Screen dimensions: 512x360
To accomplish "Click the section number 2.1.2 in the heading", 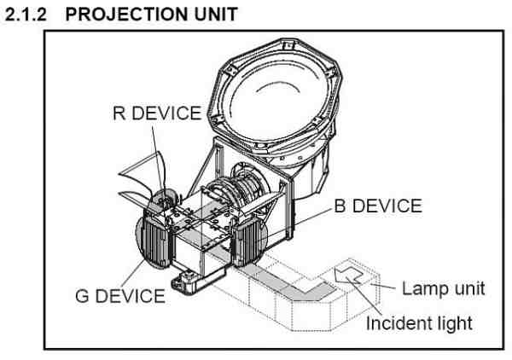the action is coord(26,15).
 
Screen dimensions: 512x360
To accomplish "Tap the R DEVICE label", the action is coord(157,113).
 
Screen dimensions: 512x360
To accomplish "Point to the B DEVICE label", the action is coord(378,206).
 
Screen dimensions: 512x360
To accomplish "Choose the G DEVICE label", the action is coord(120,296).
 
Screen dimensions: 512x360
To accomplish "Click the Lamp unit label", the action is coord(443,289).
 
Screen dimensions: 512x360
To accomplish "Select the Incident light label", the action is coord(419,323).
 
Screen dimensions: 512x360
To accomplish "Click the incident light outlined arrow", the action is coord(348,276).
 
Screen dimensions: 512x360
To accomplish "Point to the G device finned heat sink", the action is coord(156,240).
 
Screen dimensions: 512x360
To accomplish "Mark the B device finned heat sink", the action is coord(247,241).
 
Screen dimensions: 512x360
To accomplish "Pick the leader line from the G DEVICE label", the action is coord(133,274).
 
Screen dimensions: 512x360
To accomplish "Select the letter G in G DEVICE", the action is coord(82,296).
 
